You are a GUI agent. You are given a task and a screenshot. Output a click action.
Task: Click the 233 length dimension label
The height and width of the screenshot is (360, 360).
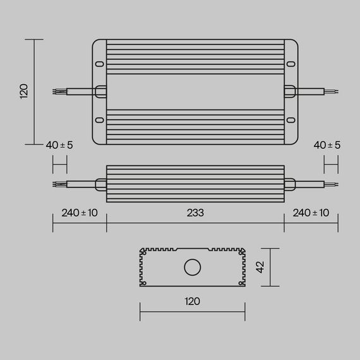pos(195,213)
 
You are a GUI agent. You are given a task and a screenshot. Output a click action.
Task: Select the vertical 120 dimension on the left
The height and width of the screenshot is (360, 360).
pos(24,92)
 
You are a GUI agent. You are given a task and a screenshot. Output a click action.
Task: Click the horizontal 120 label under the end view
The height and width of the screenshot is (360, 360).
pos(192,301)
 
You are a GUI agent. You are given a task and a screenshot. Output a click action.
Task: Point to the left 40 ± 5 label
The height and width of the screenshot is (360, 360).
pos(59,145)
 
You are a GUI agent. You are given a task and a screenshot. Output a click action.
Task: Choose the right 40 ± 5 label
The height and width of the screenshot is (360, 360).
pos(327,145)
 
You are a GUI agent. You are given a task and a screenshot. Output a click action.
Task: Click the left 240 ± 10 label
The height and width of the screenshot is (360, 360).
pos(80,213)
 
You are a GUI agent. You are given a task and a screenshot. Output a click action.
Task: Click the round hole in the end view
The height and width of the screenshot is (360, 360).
pos(191,267)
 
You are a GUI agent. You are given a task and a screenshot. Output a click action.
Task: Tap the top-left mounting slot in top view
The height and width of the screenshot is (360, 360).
pos(100,63)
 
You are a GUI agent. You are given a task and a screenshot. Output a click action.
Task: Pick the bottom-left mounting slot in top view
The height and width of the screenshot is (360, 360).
pos(100,120)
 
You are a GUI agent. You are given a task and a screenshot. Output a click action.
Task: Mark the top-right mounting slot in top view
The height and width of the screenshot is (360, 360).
pos(291,63)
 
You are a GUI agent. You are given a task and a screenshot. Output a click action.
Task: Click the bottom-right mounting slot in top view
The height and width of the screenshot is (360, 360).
pos(291,120)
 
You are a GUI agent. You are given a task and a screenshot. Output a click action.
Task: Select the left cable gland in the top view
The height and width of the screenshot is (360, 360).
pos(101,92)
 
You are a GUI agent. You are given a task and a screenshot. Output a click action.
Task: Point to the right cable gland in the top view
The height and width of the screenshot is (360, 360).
pos(289,92)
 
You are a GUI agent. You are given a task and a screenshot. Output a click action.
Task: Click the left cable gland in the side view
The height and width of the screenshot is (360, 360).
pos(100,184)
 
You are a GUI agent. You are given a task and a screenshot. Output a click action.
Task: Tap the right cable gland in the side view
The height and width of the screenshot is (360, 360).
pos(289,184)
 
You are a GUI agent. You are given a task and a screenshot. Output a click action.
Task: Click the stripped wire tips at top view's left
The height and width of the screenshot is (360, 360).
pos(56,92)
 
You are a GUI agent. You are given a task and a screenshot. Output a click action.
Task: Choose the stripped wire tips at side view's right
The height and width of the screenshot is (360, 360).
pos(333,184)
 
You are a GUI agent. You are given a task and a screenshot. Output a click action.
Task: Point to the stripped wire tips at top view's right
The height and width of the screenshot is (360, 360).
pos(333,92)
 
